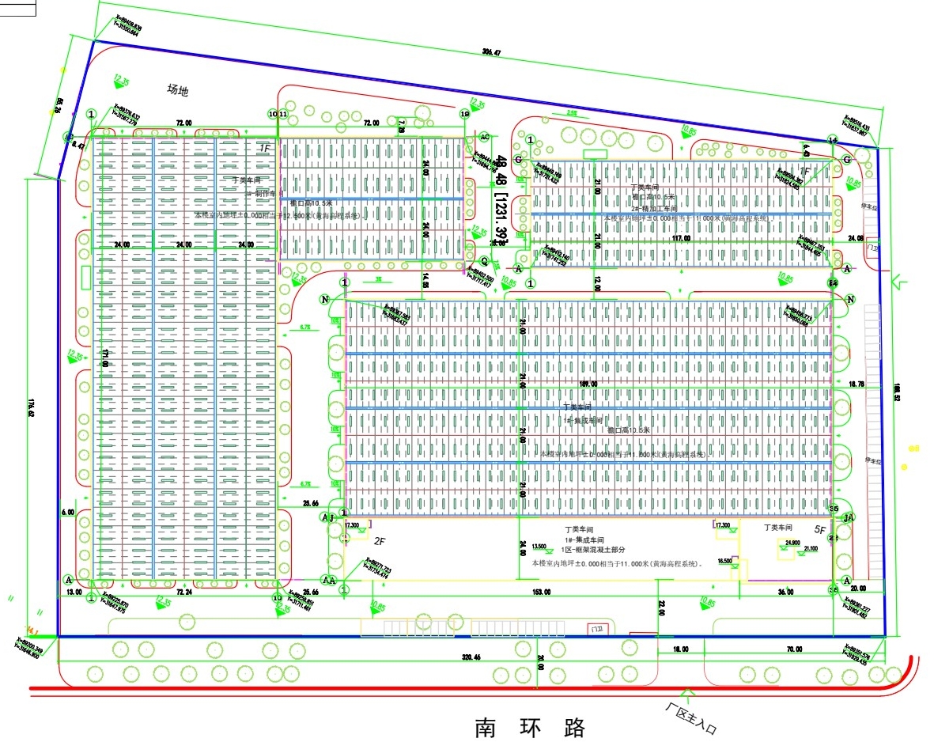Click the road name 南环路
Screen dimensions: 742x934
tap(529, 726)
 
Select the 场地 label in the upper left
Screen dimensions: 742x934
tap(177, 90)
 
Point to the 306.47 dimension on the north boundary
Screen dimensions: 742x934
tap(491, 52)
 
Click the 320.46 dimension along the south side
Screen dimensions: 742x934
tap(471, 657)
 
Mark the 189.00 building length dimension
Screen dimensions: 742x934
tap(588, 384)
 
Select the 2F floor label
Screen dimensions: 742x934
tap(379, 541)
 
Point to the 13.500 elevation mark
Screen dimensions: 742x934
tap(539, 546)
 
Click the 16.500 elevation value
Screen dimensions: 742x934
tap(724, 560)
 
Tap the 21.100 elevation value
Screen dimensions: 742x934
tap(811, 548)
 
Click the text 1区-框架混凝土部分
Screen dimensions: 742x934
tap(593, 549)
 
